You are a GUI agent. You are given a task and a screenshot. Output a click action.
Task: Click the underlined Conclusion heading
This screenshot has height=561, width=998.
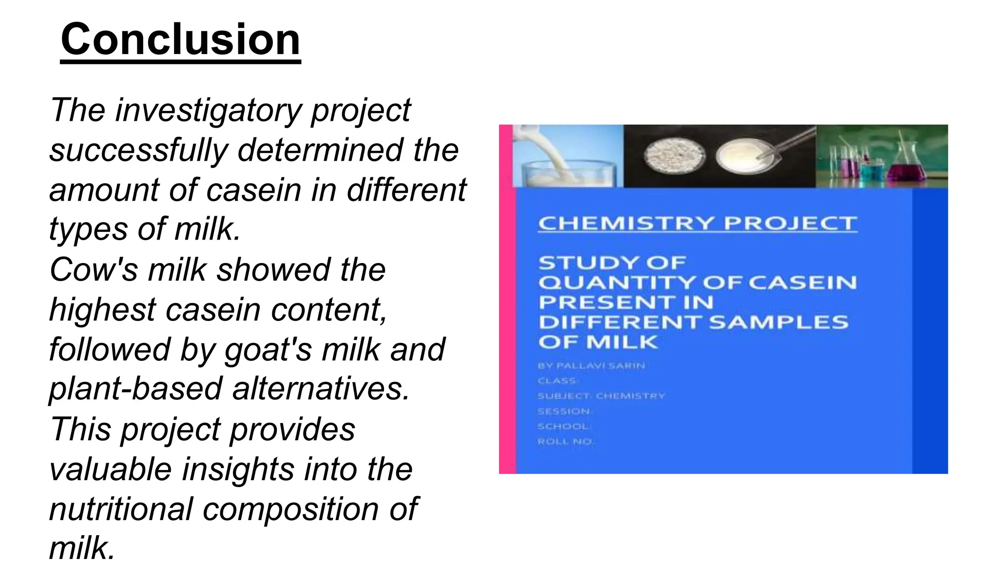coord(180,40)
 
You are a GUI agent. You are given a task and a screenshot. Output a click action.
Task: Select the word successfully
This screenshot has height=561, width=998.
coord(138,150)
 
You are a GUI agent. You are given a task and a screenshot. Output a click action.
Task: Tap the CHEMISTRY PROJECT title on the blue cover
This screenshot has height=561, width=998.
coord(697,224)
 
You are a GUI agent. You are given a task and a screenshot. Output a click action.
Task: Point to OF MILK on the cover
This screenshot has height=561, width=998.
coord(598,342)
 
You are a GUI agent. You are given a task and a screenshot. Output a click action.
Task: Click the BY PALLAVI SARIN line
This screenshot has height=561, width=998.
coord(591,366)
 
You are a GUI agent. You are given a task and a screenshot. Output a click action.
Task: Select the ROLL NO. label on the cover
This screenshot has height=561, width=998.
coord(565,442)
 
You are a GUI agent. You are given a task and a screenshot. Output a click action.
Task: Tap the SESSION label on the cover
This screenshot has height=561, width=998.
coord(564,411)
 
